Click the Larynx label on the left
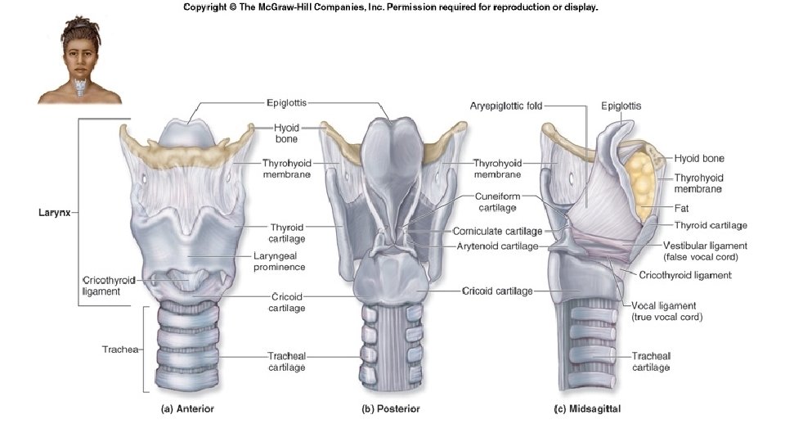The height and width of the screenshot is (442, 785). pyautogui.click(x=56, y=213)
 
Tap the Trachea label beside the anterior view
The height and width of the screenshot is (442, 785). pyautogui.click(x=119, y=350)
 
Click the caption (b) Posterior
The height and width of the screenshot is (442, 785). pyautogui.click(x=391, y=408)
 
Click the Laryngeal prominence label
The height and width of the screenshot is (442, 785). pyautogui.click(x=279, y=261)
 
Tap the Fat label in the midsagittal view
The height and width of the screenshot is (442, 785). pyautogui.click(x=681, y=208)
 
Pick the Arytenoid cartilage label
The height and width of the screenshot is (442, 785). pyautogui.click(x=498, y=246)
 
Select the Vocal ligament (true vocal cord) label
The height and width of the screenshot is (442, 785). pyautogui.click(x=666, y=310)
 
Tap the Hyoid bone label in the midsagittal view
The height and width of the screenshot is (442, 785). pyautogui.click(x=699, y=158)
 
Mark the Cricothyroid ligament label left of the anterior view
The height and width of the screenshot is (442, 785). pyautogui.click(x=108, y=285)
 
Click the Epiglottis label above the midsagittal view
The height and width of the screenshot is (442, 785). pyautogui.click(x=621, y=106)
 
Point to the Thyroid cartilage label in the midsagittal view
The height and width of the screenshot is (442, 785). pyautogui.click(x=711, y=225)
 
